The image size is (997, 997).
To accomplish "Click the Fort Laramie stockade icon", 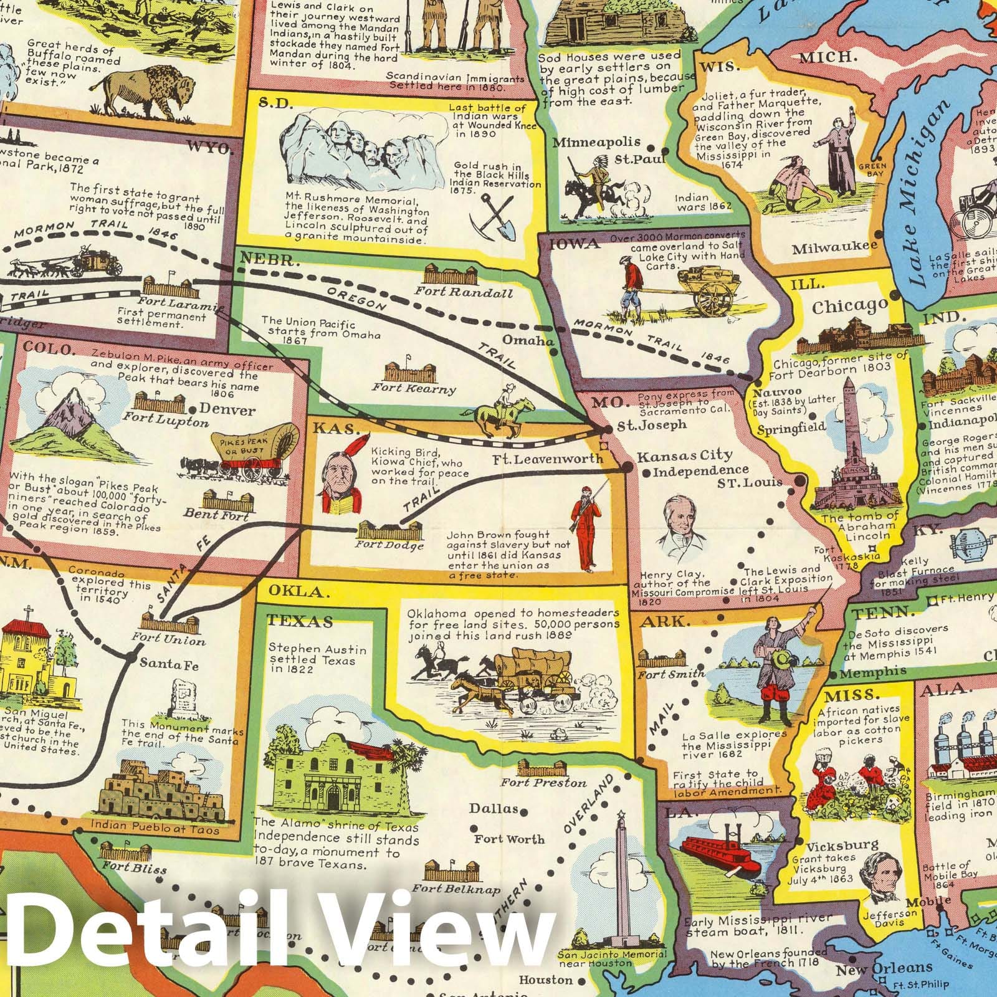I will pyautogui.click(x=170, y=288).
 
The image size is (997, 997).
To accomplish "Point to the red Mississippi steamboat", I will pyautogui.click(x=720, y=854).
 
